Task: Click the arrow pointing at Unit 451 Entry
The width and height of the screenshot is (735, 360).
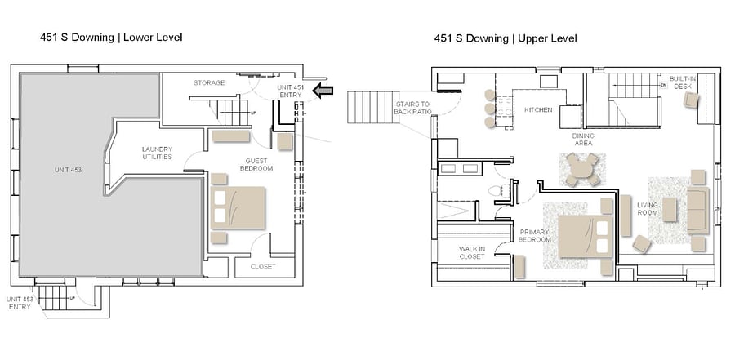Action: (x=323, y=91)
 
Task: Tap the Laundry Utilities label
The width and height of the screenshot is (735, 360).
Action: (x=157, y=153)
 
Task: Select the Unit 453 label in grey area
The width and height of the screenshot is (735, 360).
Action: (x=68, y=170)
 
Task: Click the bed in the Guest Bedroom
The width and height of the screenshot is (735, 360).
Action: (x=238, y=207)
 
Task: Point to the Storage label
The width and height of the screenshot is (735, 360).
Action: (x=209, y=83)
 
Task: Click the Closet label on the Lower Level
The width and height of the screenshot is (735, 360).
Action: (x=263, y=266)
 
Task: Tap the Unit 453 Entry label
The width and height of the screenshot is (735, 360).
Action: (x=20, y=303)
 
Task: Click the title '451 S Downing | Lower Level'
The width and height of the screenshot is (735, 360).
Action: (x=111, y=38)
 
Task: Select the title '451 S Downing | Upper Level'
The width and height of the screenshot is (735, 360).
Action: (x=506, y=38)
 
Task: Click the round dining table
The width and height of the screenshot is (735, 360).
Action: (x=581, y=169)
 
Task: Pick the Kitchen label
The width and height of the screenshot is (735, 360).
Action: (x=538, y=110)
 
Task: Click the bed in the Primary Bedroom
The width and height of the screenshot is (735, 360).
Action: (x=586, y=236)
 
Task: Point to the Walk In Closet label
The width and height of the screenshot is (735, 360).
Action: (x=472, y=253)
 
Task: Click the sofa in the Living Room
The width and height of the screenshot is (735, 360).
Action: (x=698, y=210)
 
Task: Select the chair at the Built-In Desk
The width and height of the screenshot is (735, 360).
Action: (x=691, y=100)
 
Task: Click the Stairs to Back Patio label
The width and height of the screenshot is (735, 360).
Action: (x=412, y=108)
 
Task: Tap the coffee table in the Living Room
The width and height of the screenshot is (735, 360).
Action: (x=670, y=210)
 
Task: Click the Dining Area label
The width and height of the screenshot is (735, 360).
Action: (x=583, y=140)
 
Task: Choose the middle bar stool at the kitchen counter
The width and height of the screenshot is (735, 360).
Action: (x=490, y=109)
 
